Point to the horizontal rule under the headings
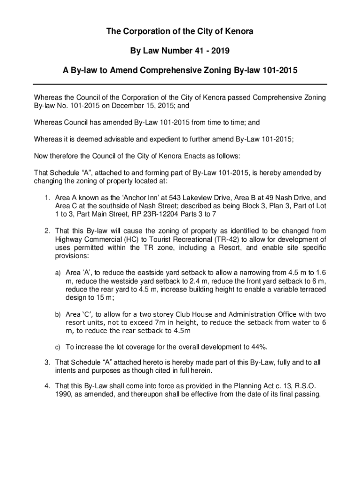(x=180, y=84)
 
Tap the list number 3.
(x=47, y=363)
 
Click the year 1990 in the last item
(x=63, y=394)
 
